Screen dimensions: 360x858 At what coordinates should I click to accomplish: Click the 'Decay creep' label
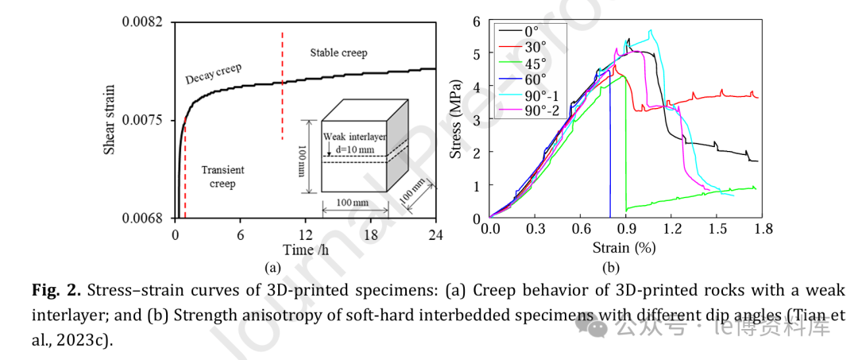pyautogui.click(x=213, y=73)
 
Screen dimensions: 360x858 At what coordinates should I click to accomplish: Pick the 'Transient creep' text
pyautogui.click(x=222, y=176)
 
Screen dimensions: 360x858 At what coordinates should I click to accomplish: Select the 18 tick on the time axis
pyautogui.click(x=370, y=235)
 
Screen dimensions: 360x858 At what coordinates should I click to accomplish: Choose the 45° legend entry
pyautogui.click(x=533, y=64)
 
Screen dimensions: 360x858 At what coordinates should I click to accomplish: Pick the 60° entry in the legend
pyautogui.click(x=533, y=79)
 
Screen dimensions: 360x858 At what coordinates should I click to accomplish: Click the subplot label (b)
pyautogui.click(x=611, y=268)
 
